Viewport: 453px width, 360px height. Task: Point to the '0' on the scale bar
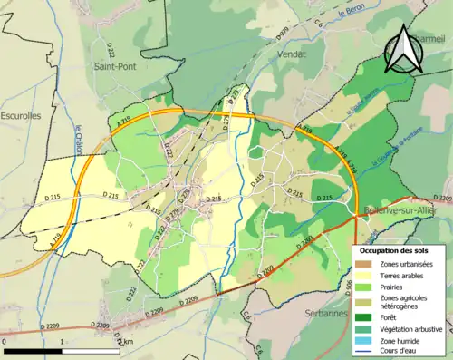5,342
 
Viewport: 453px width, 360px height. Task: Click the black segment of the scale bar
34,350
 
